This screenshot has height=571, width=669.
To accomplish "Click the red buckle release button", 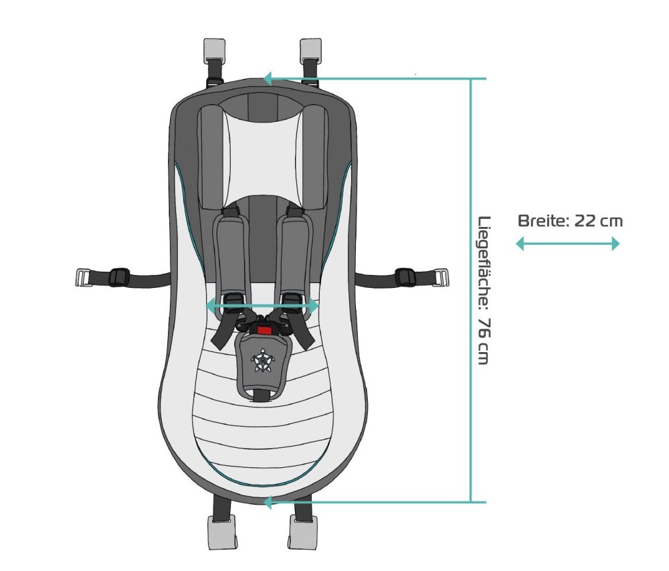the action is [264, 330].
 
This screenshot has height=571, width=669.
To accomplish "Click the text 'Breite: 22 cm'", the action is [570, 221].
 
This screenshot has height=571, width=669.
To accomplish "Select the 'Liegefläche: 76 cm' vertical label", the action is [484, 291].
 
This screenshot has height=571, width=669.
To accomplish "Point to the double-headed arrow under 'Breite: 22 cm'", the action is [567, 244].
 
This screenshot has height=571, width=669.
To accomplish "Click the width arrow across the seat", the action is [262, 305].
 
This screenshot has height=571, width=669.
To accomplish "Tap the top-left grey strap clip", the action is [214, 49].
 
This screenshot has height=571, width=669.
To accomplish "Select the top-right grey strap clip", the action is [310, 49].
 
